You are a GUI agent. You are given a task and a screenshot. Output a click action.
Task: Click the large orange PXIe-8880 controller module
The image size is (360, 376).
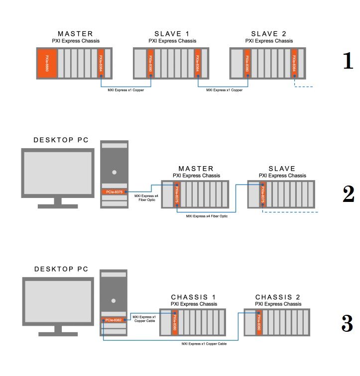click(x=47, y=63)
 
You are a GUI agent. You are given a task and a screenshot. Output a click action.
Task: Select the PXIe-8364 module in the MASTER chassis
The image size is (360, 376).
click(x=101, y=63)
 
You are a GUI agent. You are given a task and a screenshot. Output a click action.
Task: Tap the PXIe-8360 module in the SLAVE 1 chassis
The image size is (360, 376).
click(x=150, y=63)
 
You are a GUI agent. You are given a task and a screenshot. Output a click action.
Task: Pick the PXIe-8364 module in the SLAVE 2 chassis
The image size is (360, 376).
click(x=294, y=63)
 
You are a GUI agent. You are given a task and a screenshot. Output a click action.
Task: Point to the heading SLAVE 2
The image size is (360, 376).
click(x=269, y=34)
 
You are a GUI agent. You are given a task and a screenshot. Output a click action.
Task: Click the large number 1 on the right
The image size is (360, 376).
click(x=348, y=61)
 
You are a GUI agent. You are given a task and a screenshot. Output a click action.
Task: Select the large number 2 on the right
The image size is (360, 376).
click(x=348, y=194)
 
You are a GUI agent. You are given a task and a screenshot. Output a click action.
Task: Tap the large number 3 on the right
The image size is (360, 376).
click(x=348, y=324)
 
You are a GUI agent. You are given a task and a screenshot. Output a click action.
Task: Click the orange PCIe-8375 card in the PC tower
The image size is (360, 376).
click(x=114, y=191)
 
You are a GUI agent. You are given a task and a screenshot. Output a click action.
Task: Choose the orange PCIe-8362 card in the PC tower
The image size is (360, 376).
click(x=114, y=320)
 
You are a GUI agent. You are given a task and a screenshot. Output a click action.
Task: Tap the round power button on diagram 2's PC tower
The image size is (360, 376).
click(x=114, y=172)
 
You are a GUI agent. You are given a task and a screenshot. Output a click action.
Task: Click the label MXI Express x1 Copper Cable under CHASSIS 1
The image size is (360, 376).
click(x=204, y=344)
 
